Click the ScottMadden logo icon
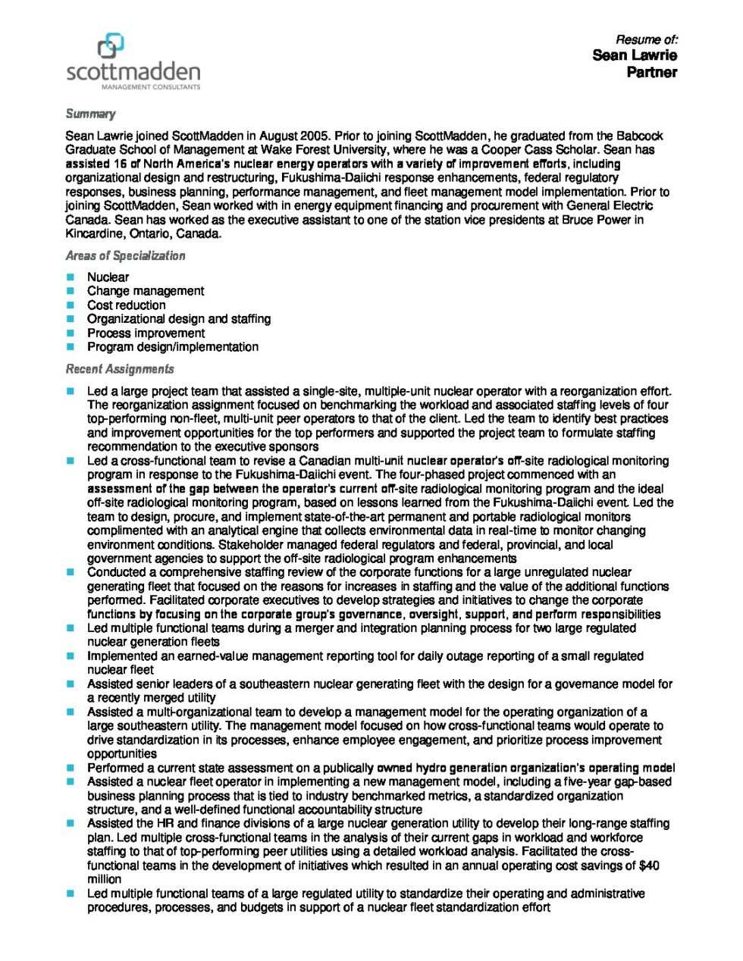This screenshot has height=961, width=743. tap(111, 46)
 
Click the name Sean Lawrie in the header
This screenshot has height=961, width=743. tap(635, 55)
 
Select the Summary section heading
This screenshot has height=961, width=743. tap(90, 114)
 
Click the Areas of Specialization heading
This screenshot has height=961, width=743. tap(125, 256)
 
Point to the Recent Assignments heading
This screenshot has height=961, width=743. tap(120, 369)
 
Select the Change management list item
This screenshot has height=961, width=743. tap(146, 291)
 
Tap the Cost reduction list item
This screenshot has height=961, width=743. tap(126, 305)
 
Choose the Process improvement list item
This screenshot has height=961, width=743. tap(146, 333)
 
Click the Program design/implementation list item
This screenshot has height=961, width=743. tap(173, 347)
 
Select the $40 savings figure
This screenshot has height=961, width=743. tap(650, 866)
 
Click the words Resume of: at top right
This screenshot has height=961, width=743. tap(646, 39)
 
